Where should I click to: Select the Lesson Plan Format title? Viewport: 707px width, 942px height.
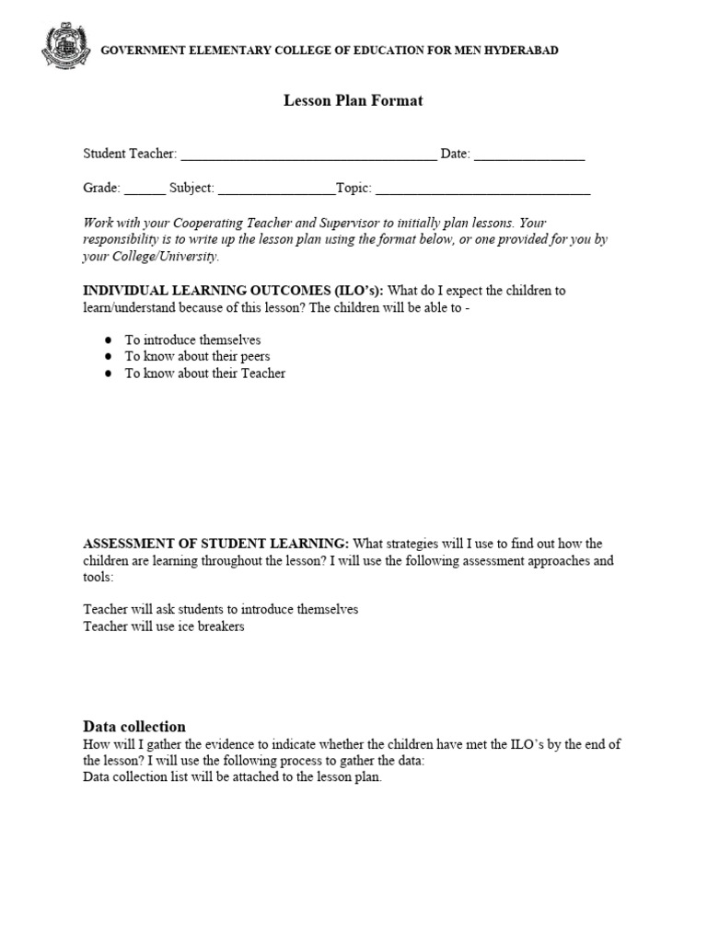point(353,101)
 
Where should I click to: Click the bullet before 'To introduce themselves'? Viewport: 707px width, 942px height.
point(108,339)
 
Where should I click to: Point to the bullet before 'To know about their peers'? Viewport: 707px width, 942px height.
point(108,357)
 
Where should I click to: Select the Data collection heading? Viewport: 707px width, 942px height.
point(134,726)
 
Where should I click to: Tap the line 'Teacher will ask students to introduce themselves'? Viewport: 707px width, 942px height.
point(221,609)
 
